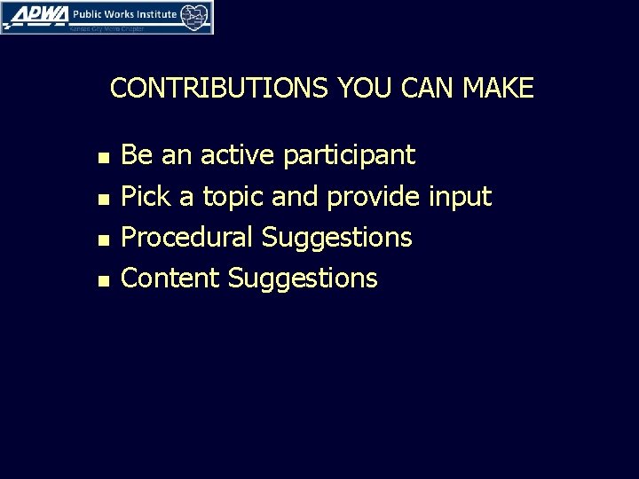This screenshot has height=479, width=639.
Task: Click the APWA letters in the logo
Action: click(35, 14)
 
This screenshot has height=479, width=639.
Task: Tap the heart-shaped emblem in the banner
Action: click(196, 16)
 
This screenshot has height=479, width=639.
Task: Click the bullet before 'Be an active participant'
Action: click(104, 158)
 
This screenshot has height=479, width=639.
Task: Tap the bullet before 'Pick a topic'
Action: click(104, 199)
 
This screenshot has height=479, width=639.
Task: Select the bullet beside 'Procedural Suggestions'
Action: click(104, 239)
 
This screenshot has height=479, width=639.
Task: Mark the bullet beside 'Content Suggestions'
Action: click(104, 280)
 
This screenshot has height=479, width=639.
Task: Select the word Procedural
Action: click(187, 238)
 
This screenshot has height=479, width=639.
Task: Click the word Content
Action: click(170, 279)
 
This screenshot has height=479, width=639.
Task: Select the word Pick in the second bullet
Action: click(145, 197)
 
